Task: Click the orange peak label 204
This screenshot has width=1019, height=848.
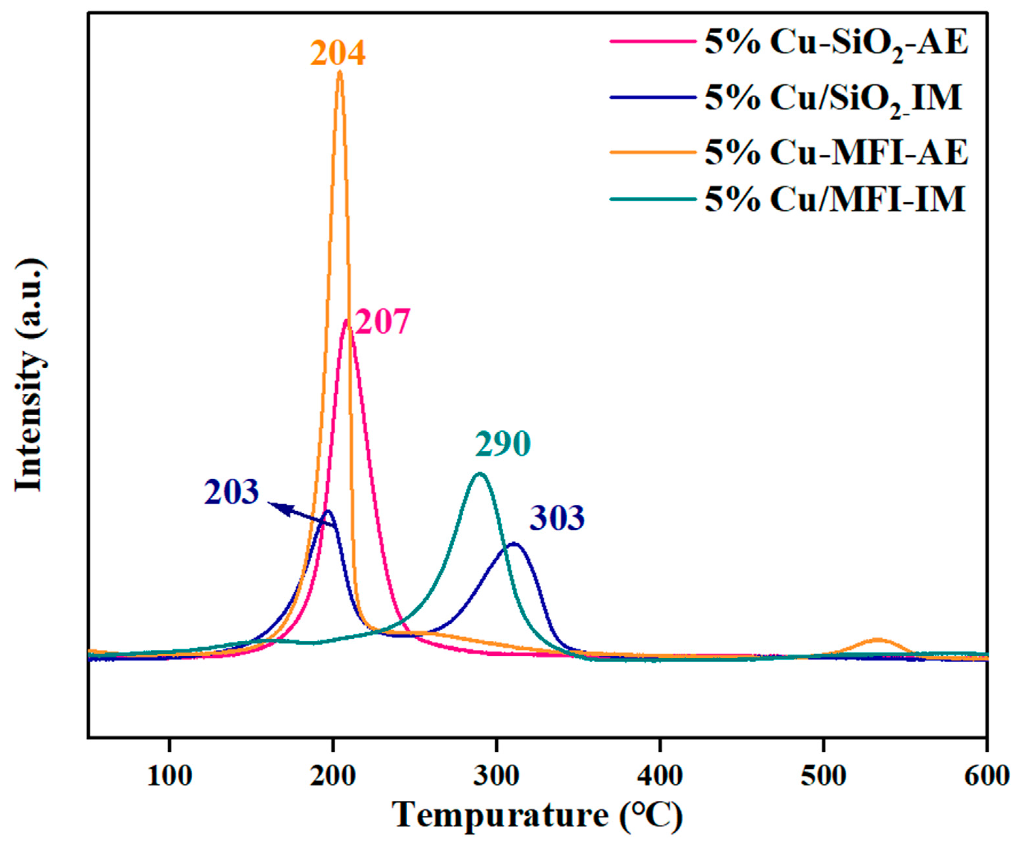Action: pyautogui.click(x=338, y=54)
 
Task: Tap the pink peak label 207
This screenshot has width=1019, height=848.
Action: pyautogui.click(x=382, y=322)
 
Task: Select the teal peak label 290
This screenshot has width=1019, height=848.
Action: pyautogui.click(x=503, y=444)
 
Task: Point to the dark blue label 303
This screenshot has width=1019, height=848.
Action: pyautogui.click(x=557, y=518)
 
